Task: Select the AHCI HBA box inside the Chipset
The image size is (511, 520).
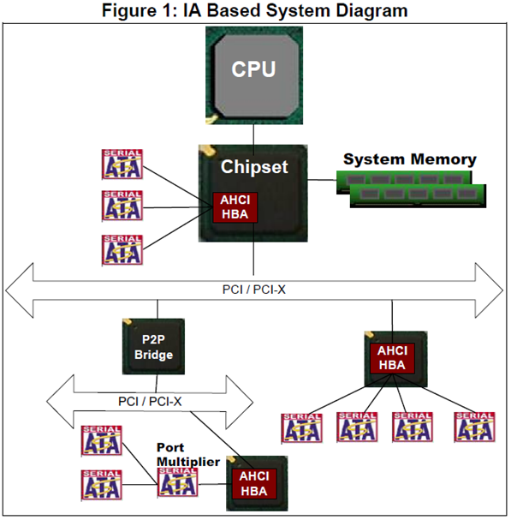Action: tap(234, 206)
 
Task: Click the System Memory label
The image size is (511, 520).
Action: tap(409, 159)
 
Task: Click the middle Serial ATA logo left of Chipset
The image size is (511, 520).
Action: tap(122, 206)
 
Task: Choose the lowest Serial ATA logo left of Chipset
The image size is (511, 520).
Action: tap(122, 249)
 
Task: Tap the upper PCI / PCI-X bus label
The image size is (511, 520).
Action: tap(255, 289)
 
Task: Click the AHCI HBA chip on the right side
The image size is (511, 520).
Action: tap(391, 358)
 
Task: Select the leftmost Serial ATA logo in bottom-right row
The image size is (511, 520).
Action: tap(301, 427)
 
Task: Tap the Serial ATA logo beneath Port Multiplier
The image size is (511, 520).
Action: tap(177, 483)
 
